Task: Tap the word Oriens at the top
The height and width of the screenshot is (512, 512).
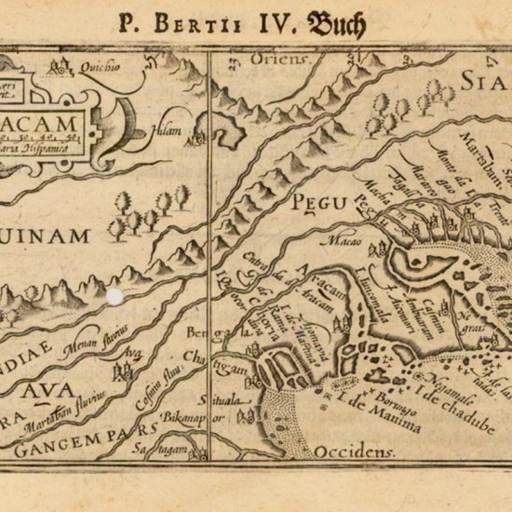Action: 273,59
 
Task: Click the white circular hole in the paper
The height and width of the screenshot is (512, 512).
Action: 115,297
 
